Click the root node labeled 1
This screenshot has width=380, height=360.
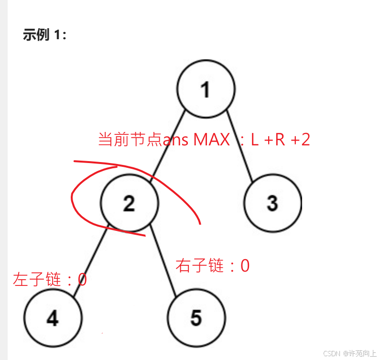(x=206, y=89)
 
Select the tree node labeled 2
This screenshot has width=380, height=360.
(x=129, y=203)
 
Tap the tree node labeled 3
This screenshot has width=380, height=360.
(x=272, y=203)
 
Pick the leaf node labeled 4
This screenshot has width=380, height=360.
(x=53, y=318)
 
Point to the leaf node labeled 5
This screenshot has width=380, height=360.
(x=196, y=318)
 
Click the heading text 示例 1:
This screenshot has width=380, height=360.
(x=44, y=35)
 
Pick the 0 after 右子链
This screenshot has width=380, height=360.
(x=245, y=265)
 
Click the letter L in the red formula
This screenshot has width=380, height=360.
(x=254, y=140)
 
